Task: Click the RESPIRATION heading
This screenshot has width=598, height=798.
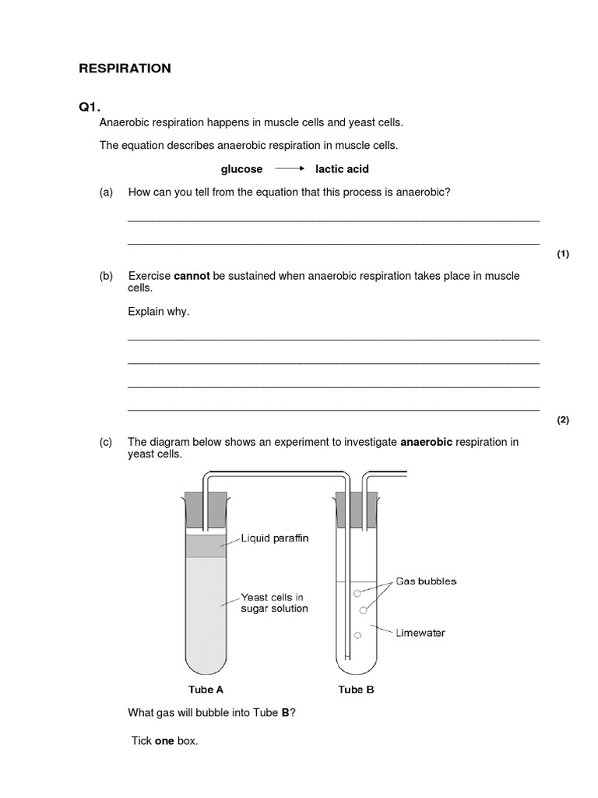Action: (125, 69)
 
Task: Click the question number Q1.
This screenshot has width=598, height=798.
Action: (90, 107)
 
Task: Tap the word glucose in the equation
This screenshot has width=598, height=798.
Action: (241, 169)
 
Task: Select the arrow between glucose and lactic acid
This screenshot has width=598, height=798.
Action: (289, 169)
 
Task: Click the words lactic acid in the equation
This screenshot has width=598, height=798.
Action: (342, 169)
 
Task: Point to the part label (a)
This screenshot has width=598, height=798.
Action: (106, 192)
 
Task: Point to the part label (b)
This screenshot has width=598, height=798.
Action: (106, 276)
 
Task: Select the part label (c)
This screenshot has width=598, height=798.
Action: (106, 442)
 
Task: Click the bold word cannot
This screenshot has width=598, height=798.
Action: (192, 276)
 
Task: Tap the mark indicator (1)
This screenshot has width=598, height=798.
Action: (563, 254)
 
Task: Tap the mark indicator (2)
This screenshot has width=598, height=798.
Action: (563, 420)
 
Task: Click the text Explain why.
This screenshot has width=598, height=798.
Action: (158, 312)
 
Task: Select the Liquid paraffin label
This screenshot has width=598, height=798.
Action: (275, 538)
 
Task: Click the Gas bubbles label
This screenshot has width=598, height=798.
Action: (426, 581)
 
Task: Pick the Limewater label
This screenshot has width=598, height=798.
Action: (420, 633)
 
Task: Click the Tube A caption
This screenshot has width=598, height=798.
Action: (206, 690)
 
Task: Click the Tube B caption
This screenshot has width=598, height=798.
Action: (356, 690)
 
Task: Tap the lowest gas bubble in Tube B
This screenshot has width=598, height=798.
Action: (357, 636)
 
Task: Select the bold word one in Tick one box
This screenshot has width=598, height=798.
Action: (164, 741)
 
